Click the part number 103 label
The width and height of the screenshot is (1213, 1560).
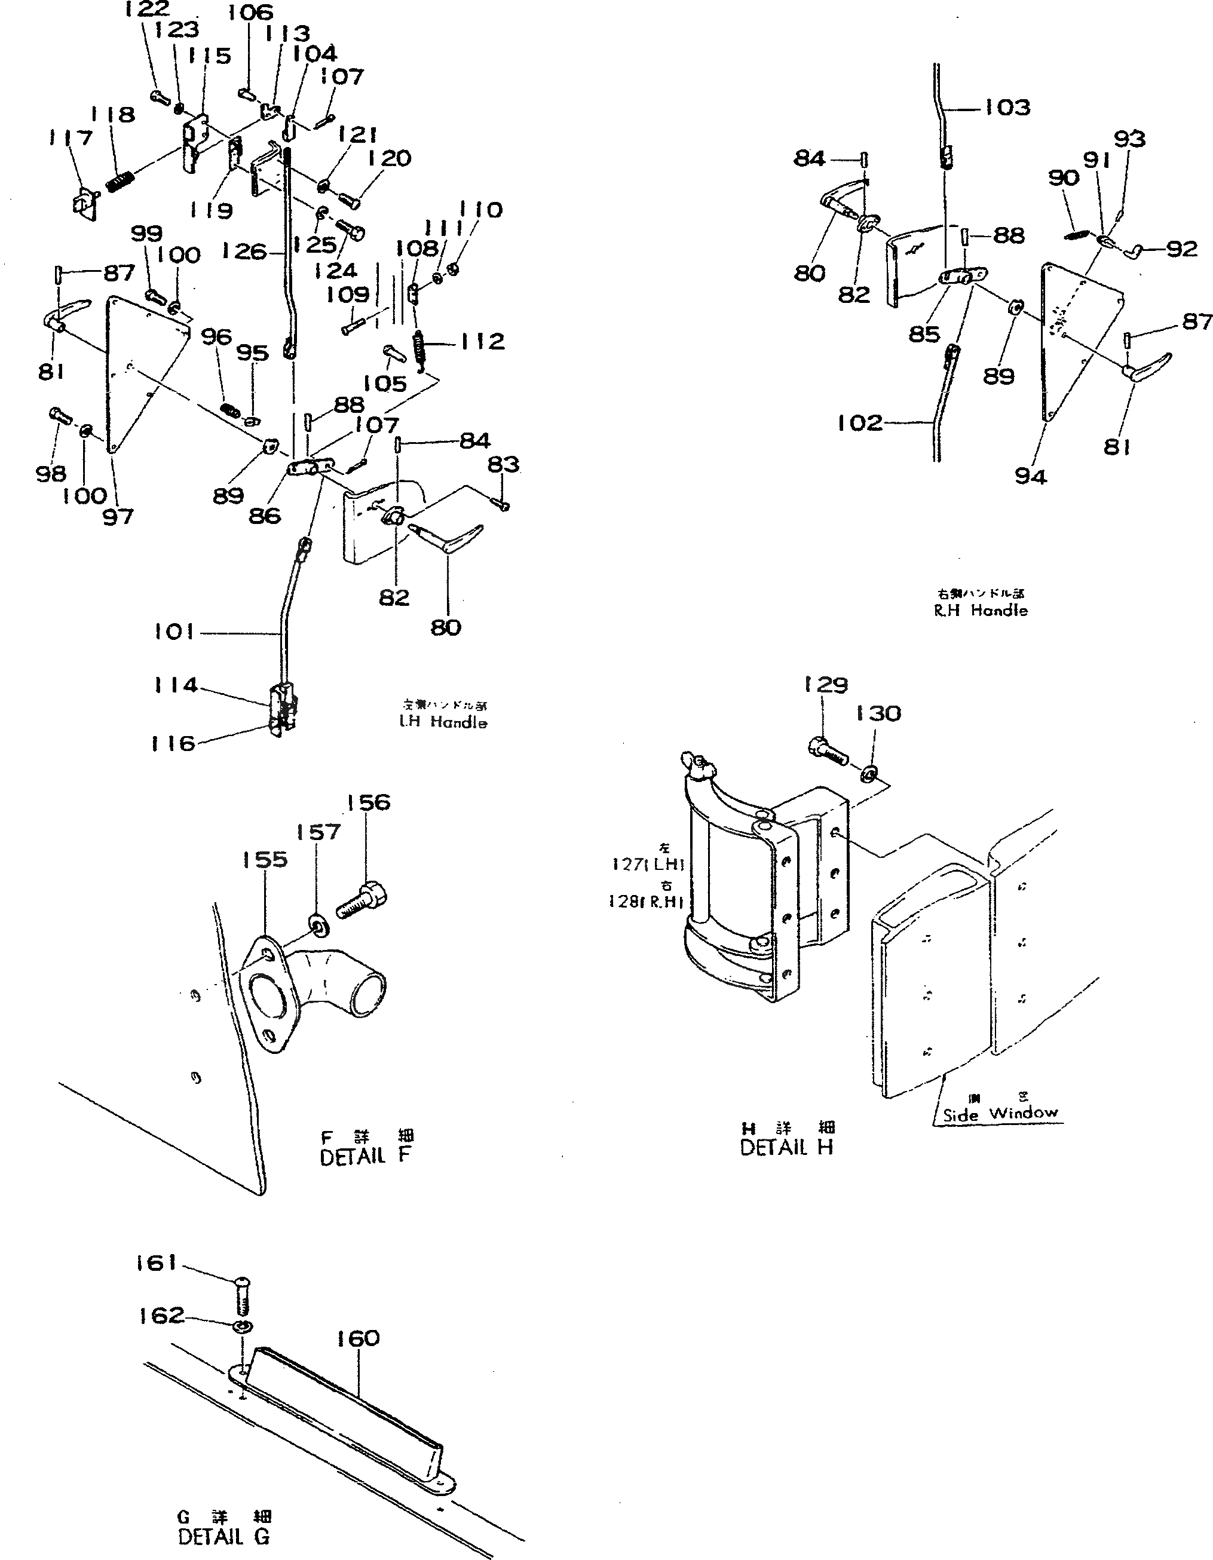[1007, 108]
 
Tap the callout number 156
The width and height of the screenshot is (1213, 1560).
[369, 802]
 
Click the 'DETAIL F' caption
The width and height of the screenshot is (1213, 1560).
[366, 1157]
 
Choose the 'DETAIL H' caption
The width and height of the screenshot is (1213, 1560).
[786, 1148]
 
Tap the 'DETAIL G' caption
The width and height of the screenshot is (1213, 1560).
[223, 1537]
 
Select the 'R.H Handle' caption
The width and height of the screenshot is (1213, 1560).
[981, 611]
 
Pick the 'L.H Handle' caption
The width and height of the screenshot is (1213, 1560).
[443, 722]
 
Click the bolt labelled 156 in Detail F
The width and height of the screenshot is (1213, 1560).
[362, 901]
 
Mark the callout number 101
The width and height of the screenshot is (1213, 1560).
[174, 632]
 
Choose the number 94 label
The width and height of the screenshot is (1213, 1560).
[1030, 476]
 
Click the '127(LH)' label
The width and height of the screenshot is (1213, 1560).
[648, 865]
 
